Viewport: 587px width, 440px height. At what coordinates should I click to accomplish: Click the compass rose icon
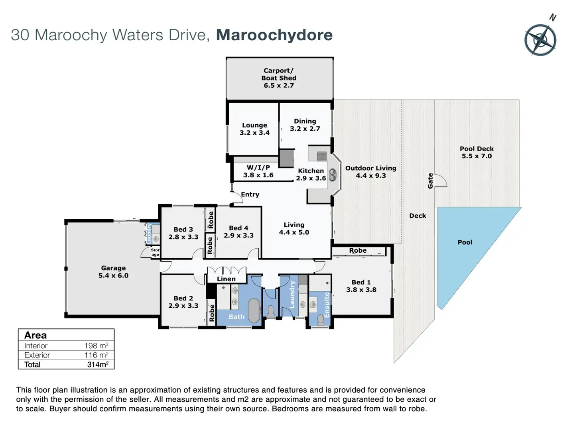tap(540, 39)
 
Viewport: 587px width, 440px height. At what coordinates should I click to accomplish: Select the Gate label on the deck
tap(430, 181)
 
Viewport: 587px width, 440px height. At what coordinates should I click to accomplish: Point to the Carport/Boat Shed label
tap(279, 78)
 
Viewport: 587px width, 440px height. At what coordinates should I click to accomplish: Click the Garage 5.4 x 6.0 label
tap(113, 272)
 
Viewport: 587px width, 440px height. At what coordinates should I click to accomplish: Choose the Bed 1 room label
tap(361, 286)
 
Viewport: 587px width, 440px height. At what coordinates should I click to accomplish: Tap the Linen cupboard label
tap(226, 279)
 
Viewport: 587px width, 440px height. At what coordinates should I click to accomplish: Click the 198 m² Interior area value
tap(96, 346)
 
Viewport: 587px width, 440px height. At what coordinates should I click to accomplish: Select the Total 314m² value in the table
tap(98, 364)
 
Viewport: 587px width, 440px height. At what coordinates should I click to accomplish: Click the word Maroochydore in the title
tap(274, 35)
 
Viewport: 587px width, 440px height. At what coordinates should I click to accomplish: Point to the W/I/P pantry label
tap(258, 171)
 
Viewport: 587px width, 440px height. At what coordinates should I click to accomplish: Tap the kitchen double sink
tap(333, 175)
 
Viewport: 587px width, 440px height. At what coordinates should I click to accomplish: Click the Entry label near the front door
tap(250, 194)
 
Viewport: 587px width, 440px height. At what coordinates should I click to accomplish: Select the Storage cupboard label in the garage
tap(155, 252)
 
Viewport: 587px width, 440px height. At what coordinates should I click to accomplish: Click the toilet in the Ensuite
tap(320, 320)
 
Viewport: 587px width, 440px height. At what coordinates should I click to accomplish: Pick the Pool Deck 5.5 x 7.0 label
tap(477, 152)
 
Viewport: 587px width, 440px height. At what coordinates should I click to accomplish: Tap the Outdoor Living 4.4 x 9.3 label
tap(370, 172)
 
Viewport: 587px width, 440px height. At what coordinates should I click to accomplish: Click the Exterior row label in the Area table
tap(37, 355)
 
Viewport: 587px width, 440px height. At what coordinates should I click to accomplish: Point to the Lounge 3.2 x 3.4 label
tap(254, 129)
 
